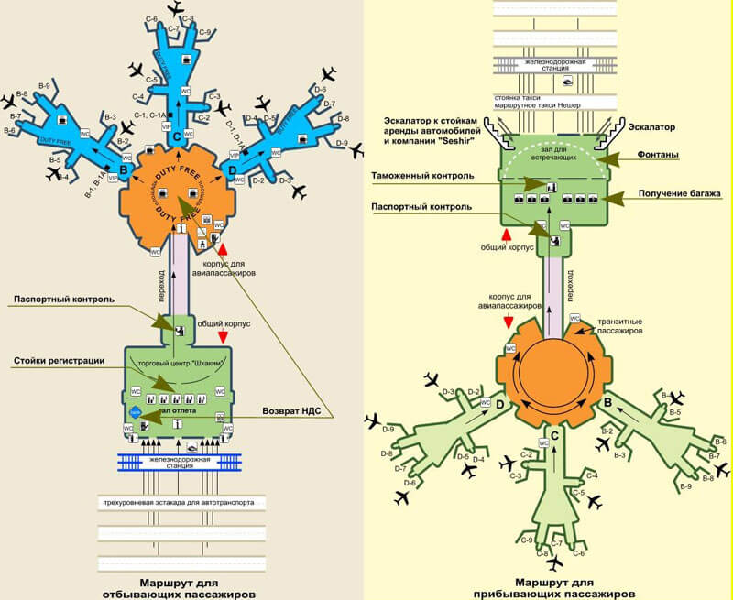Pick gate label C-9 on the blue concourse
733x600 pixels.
tap(204, 33)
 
